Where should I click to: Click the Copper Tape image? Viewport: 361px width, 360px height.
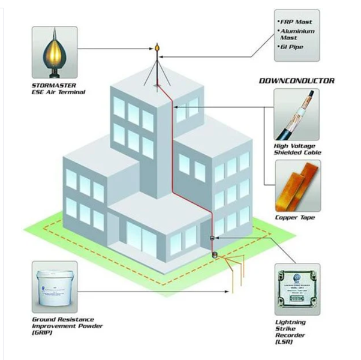tap(296, 184)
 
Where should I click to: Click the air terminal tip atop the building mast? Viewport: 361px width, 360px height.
tap(157, 46)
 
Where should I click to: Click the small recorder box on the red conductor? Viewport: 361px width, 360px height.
tap(211, 239)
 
